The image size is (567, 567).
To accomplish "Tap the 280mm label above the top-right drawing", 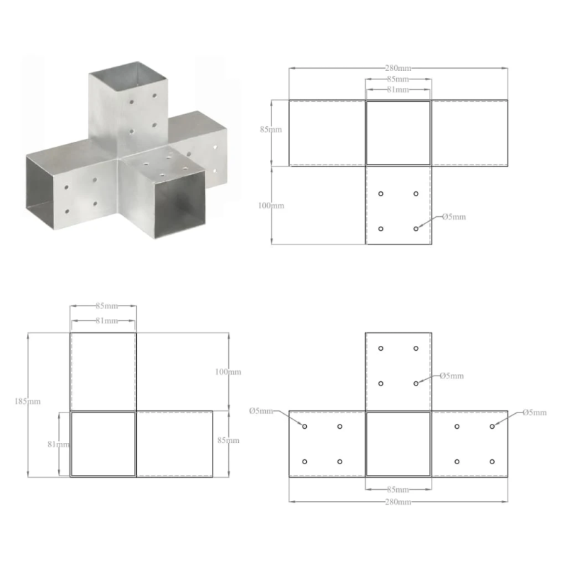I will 398,68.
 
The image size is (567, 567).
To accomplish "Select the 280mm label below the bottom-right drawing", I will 398,502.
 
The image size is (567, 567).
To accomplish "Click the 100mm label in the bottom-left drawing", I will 229,371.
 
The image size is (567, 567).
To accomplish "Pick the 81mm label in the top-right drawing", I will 398,90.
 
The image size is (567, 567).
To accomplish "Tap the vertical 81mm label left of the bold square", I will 60,444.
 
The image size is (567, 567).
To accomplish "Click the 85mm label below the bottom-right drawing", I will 398,490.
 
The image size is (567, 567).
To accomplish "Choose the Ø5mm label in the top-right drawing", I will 454,217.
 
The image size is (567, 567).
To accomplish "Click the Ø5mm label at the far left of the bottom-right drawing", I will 261,411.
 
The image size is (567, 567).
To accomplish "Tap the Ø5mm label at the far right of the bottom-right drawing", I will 534,412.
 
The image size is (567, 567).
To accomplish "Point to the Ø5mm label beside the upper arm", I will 451,376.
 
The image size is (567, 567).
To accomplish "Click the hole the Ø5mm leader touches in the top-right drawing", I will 416,229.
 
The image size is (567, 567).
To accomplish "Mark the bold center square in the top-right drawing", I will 398,133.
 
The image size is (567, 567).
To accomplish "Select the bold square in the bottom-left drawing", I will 103,444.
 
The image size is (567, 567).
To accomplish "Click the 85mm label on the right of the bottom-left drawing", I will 229,440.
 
